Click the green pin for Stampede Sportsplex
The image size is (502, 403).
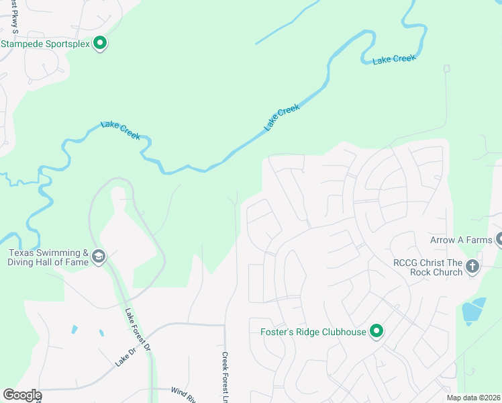click(x=100, y=44)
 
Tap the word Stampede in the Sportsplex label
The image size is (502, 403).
click(x=23, y=44)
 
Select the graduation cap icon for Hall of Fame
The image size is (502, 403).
click(x=99, y=257)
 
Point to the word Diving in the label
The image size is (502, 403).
click(x=23, y=262)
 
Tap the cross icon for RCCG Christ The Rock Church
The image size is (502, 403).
click(x=472, y=267)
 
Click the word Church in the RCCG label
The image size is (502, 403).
click(x=448, y=272)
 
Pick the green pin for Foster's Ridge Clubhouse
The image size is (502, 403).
click(x=376, y=332)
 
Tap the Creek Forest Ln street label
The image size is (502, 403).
click(x=225, y=378)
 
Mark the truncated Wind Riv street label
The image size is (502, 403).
click(x=182, y=391)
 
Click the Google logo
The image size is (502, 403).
click(x=21, y=395)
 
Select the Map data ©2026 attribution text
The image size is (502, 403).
click(x=474, y=398)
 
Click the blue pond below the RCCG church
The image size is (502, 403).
click(x=473, y=311)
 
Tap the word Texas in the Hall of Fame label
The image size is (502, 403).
click(x=22, y=253)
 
